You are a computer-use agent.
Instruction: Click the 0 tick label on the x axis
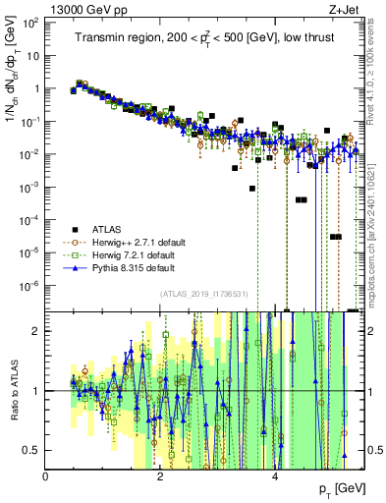[x=46, y=475]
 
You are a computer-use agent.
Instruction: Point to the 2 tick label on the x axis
[x=160, y=475]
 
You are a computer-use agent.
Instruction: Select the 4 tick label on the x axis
[x=274, y=475]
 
